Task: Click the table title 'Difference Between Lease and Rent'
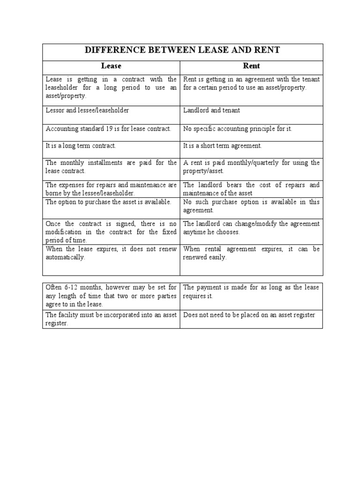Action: tap(182, 51)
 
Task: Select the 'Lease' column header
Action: tap(111, 66)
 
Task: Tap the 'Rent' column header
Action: tap(252, 66)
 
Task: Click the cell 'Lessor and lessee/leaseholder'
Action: tap(87, 110)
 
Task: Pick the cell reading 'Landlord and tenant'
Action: tap(211, 110)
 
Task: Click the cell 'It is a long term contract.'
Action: tap(81, 146)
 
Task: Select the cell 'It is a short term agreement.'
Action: tap(223, 146)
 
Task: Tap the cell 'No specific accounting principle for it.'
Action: tap(238, 128)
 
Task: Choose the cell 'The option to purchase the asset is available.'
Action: tap(109, 202)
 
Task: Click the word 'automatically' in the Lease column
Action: tap(65, 257)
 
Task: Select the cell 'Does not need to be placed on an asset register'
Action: tap(249, 315)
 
